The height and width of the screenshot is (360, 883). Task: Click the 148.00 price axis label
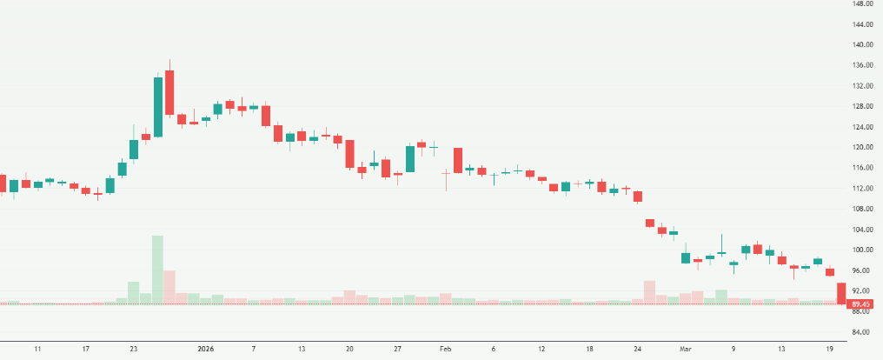click(x=862, y=3)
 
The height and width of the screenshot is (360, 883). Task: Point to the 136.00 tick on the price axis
click(x=862, y=65)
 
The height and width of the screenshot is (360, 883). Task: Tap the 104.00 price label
click(x=862, y=230)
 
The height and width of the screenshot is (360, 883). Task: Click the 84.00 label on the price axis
click(x=862, y=332)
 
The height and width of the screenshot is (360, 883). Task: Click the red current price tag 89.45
click(x=862, y=304)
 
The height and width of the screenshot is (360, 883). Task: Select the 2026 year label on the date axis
click(x=205, y=349)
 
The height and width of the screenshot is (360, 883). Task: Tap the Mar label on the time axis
click(x=686, y=349)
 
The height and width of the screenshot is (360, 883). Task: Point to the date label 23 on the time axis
click(x=133, y=349)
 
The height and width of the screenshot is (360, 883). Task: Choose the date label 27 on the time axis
click(x=396, y=349)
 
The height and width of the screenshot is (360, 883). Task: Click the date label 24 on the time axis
click(x=637, y=349)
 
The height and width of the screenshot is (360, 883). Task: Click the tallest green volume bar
click(x=157, y=270)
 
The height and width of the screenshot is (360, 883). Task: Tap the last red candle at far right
click(x=841, y=293)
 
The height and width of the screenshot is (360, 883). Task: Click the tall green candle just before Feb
click(x=409, y=158)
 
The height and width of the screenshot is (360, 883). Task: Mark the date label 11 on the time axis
click(x=37, y=349)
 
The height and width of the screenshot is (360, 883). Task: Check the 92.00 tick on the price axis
click(x=862, y=291)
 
